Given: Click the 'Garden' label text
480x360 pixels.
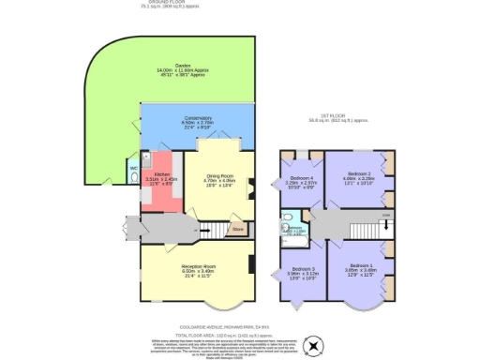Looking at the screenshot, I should point(171,68).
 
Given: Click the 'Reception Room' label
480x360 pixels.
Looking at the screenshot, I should point(199,266).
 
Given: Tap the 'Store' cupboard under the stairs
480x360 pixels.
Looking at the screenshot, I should point(238,228).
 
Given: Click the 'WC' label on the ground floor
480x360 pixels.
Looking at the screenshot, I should point(134,168).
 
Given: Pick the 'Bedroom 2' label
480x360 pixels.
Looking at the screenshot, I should point(361,173).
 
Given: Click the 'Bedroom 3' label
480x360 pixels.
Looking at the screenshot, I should point(299,272).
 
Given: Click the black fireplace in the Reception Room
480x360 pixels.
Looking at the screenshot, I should point(251,264).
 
